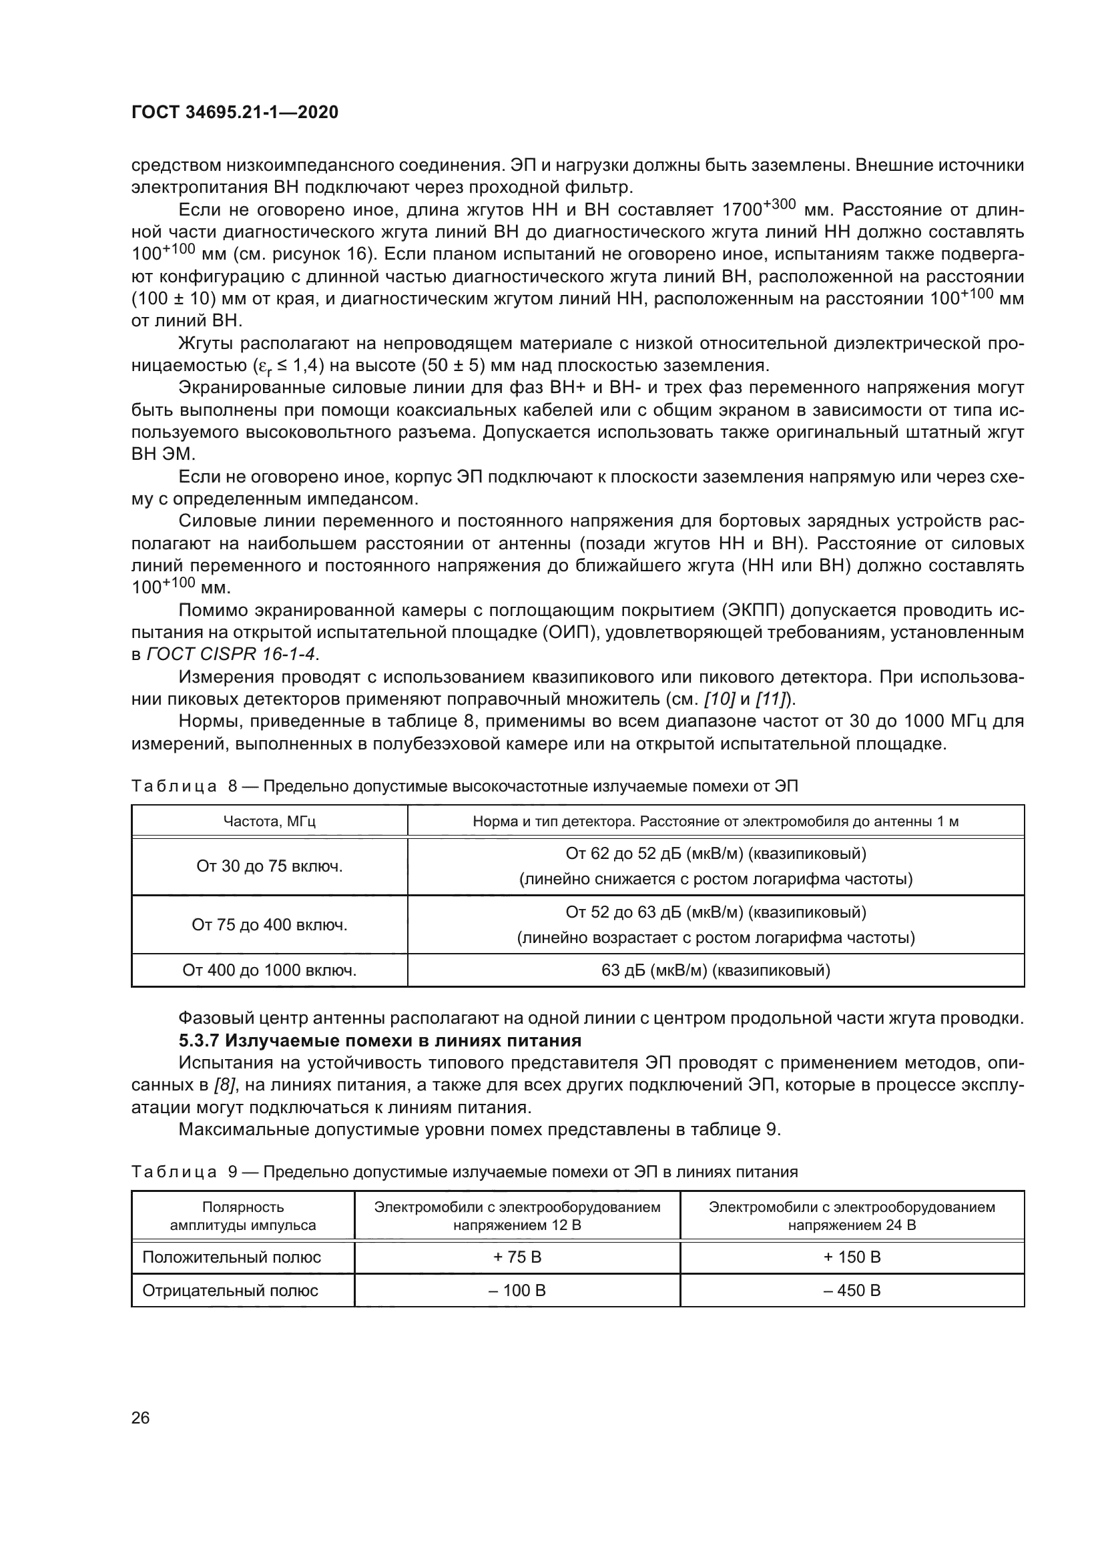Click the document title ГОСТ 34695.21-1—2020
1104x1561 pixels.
234,112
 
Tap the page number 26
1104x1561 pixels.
140,1418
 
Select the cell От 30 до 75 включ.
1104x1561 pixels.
269,866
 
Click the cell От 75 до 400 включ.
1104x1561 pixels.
269,924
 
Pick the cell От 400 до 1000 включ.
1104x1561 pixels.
269,970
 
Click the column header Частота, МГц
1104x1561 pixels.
269,822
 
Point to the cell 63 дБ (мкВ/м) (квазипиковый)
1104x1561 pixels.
715,970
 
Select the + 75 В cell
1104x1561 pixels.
517,1257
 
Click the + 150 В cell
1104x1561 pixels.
852,1257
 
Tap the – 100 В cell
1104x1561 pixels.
517,1291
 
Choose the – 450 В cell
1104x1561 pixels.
852,1291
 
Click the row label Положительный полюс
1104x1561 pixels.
231,1257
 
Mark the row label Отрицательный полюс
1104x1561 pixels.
230,1291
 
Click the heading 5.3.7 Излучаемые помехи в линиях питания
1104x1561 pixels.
380,1040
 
